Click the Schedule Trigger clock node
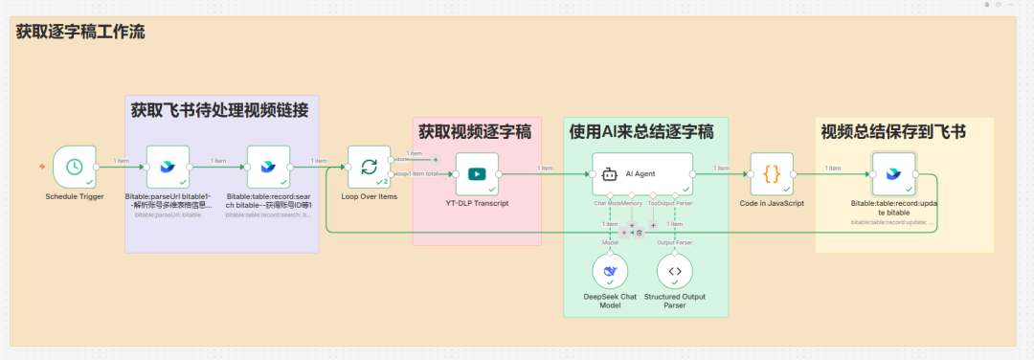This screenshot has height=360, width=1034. coord(74,168)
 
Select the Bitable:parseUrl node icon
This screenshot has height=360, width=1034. coord(168,168)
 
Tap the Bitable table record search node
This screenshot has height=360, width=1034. coord(268,168)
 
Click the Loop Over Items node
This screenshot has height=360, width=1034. coord(369,168)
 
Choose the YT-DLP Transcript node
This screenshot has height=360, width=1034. coord(477,174)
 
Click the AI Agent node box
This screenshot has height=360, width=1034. coord(642,174)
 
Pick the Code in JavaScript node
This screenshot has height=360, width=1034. coord(772,174)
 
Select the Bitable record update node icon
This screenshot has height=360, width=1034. coord(893,174)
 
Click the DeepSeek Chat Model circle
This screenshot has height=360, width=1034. coord(609,272)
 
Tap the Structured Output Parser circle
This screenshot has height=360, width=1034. coord(675,272)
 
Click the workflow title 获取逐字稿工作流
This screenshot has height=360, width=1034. coord(80,32)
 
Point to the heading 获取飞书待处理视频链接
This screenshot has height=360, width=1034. coord(220,110)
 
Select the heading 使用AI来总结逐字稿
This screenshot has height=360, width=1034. coord(641,131)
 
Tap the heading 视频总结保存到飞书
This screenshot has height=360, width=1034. coord(893,131)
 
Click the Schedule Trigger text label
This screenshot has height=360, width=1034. coord(75,196)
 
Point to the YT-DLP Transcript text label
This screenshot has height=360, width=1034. coord(477,203)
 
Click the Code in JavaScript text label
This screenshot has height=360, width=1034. coord(772,203)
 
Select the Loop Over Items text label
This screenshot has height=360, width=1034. coord(369,196)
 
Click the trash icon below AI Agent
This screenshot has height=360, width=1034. coord(639,233)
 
